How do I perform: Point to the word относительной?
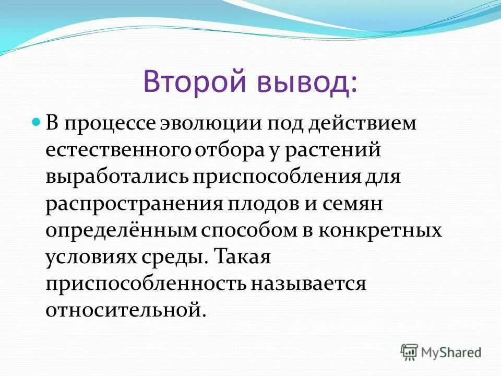[x=123, y=310]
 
